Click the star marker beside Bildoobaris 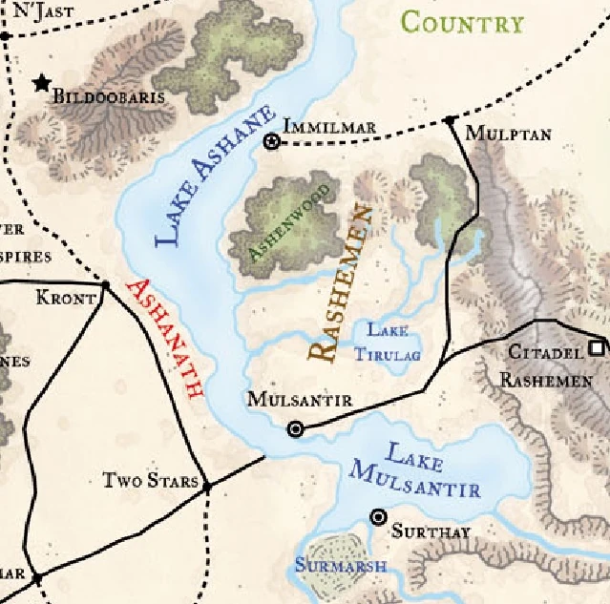(41, 84)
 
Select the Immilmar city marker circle (271, 142)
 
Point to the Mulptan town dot (449, 120)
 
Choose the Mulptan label (508, 135)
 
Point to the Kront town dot (105, 284)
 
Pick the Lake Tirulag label (389, 343)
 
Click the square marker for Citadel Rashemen (599, 348)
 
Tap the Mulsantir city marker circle (296, 429)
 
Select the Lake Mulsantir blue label (414, 471)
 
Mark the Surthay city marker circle (378, 517)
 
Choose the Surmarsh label (340, 567)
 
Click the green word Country (462, 22)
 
